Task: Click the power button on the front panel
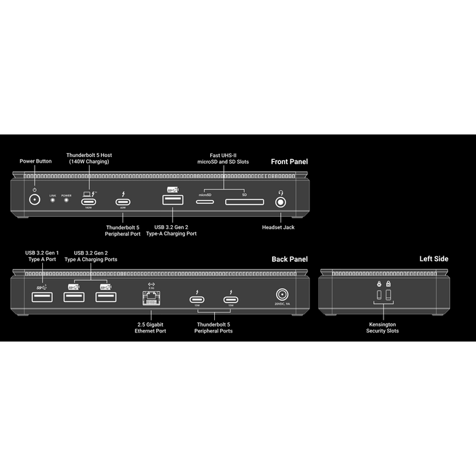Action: [35, 201]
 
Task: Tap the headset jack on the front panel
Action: [279, 201]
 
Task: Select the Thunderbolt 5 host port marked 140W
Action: [88, 201]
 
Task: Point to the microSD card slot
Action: [205, 201]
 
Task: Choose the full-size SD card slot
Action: [243, 201]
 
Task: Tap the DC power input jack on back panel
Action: [282, 295]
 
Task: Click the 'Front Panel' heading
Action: [289, 162]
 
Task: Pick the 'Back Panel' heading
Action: [290, 259]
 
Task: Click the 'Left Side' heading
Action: [434, 259]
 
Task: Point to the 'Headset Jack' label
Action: [279, 228]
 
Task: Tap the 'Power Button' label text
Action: [35, 161]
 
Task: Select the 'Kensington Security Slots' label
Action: [383, 327]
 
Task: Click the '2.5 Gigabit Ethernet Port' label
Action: [150, 327]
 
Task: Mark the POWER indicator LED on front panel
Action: [67, 202]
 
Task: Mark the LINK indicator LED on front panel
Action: [52, 202]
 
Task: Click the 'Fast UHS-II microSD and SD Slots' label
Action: [224, 158]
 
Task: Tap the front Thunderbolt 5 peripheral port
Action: [124, 201]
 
